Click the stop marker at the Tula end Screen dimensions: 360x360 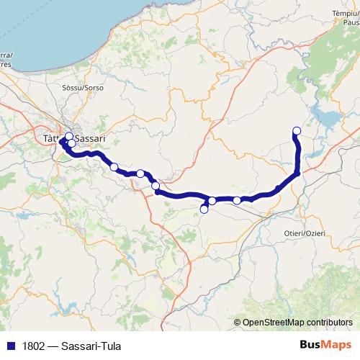296,130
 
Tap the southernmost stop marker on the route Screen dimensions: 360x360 204,210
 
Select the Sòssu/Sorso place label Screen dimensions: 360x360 84,88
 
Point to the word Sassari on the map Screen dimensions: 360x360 106,137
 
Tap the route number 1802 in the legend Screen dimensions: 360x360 34,344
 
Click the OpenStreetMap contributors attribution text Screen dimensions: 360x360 297,322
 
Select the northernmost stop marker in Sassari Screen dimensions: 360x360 69,136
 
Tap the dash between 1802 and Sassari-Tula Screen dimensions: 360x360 58,344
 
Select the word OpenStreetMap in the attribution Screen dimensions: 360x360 274,322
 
